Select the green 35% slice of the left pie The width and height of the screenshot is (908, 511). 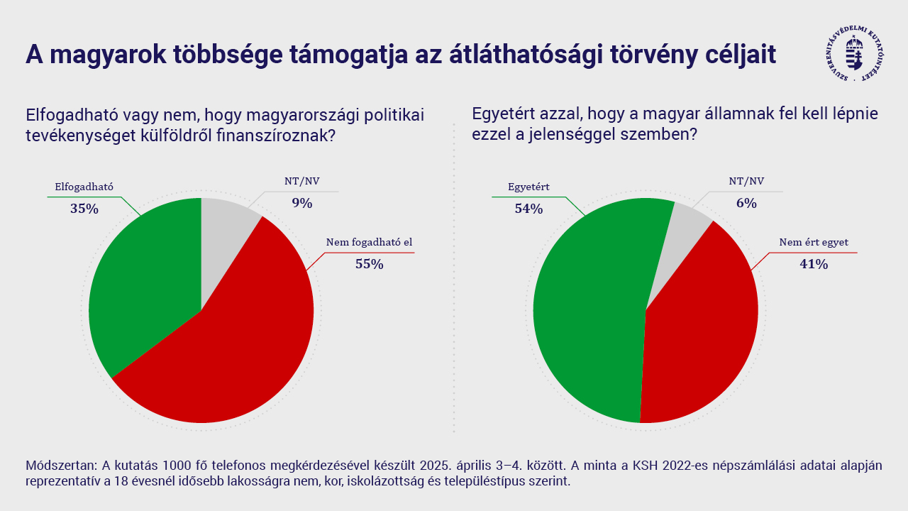pos(142,284)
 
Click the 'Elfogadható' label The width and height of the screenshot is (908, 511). pos(84,187)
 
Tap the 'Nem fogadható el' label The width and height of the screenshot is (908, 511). pos(369,242)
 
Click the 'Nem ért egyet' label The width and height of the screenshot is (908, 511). pos(814,242)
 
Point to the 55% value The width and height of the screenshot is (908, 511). pos(369,264)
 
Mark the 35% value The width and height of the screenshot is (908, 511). pos(84,209)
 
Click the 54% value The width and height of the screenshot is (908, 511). pos(529,209)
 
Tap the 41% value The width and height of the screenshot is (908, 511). pos(814,264)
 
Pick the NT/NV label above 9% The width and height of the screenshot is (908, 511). pos(302,181)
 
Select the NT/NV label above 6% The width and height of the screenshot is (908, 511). pos(746,181)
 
